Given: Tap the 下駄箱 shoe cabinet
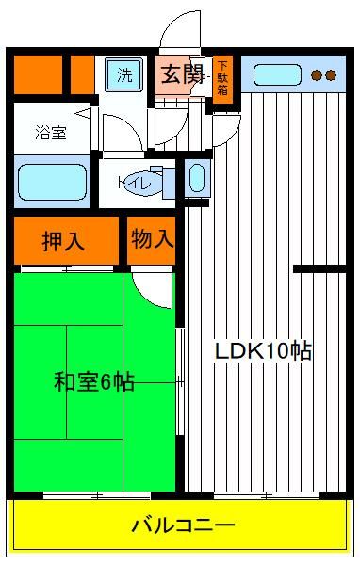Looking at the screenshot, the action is pos(222,79).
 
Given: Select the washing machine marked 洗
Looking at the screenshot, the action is pos(124,75).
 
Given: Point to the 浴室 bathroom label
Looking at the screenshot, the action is pos(51,132).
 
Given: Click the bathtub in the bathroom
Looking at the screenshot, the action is pos(53,182).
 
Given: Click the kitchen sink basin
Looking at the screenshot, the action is pos(277,75).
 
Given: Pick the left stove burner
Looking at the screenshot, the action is pos(317,75).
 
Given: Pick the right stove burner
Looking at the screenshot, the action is pos(331,75).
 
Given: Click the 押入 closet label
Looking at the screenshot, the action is pos(63,241).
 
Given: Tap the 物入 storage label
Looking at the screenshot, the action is pos(153,238).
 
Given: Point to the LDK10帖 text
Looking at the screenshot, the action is pos(263,350).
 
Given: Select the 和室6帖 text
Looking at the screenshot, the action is pos(94,382).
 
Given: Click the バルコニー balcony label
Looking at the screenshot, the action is pos(183,525).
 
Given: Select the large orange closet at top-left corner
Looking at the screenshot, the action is pos(38,75).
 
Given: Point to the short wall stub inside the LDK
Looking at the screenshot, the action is pos(319,268).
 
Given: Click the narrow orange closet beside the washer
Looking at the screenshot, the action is pos(82,75).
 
